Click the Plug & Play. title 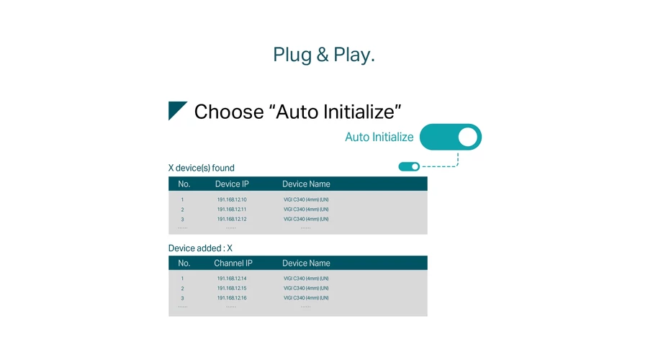(x=324, y=55)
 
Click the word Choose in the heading (x=229, y=112)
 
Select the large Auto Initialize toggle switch (x=451, y=137)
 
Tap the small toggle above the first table (x=409, y=166)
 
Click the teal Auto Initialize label (x=379, y=137)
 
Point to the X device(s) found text (x=202, y=168)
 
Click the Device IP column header (x=232, y=184)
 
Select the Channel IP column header (x=233, y=264)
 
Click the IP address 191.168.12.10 (x=232, y=199)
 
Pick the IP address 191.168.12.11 (x=232, y=210)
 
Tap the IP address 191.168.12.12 (x=232, y=219)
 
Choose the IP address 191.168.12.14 (x=232, y=279)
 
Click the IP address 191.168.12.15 (x=232, y=289)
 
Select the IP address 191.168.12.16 (x=232, y=298)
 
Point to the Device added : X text (x=200, y=248)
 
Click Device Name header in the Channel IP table (x=306, y=264)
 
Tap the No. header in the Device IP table (x=184, y=184)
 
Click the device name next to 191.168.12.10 (x=306, y=199)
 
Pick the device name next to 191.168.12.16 (x=306, y=298)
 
